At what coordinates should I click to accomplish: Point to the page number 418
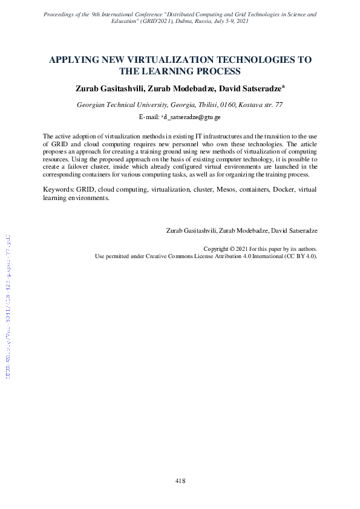click(x=180, y=481)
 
